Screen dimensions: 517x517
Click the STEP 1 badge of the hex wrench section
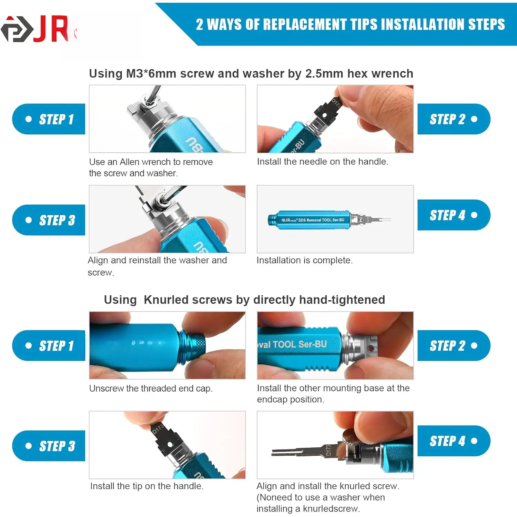point(49,119)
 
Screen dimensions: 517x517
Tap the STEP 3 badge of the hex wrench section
point(49,220)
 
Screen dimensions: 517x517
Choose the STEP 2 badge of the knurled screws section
point(454,345)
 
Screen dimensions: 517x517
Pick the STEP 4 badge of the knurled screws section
point(454,441)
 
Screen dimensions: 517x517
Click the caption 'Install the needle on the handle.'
point(323,162)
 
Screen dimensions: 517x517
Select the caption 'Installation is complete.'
point(305,260)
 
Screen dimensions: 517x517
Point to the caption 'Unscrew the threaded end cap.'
point(151,388)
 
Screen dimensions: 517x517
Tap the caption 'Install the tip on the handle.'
point(147,486)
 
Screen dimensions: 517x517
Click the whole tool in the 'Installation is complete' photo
point(330,220)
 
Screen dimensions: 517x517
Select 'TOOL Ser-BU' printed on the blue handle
point(300,344)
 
